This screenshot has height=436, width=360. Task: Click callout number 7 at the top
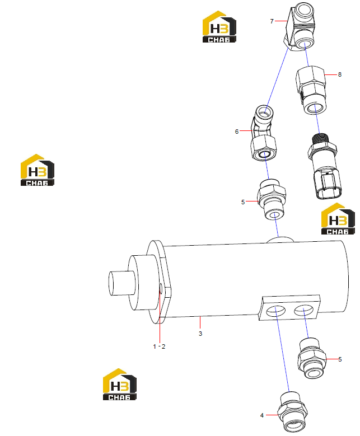click(x=272, y=21)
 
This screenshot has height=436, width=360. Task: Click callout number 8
click(x=340, y=74)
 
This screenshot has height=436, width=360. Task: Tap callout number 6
click(x=237, y=132)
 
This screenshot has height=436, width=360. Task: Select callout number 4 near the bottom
click(x=262, y=415)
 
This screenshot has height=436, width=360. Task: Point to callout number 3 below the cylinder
click(x=200, y=334)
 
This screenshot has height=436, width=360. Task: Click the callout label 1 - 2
click(x=159, y=346)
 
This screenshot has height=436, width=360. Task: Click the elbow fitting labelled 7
click(x=300, y=26)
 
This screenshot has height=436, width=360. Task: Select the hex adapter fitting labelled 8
click(x=311, y=90)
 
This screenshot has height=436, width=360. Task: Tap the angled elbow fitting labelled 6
click(x=263, y=133)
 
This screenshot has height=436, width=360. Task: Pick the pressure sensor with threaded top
click(x=324, y=166)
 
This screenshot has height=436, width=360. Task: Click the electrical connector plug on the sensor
click(x=328, y=185)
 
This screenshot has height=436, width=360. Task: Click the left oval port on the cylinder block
click(x=275, y=311)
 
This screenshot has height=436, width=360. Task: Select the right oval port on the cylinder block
click(x=303, y=310)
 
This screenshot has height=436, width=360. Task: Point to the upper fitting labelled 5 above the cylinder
click(x=272, y=199)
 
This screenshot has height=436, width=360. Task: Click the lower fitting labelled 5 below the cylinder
click(x=311, y=358)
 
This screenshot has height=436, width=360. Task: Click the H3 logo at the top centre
click(x=219, y=27)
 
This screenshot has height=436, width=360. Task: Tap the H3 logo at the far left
click(x=38, y=170)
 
